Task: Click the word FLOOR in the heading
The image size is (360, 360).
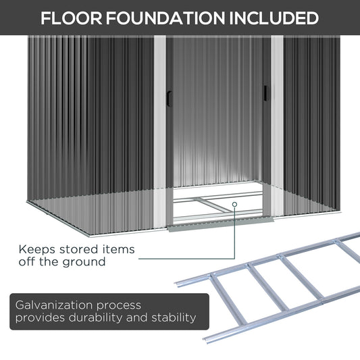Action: tap(72, 18)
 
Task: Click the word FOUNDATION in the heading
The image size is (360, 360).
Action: tap(165, 18)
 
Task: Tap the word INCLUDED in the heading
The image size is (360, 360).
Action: tap(274, 18)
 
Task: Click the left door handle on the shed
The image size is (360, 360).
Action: tap(170, 99)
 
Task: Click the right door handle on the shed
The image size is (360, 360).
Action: tap(265, 93)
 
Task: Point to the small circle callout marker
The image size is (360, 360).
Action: tap(234, 204)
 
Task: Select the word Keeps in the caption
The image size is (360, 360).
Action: tap(36, 250)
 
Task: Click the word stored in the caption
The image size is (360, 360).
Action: tap(78, 249)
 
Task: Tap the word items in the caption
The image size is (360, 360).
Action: tap(118, 249)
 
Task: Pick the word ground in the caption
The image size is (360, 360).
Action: tap(84, 263)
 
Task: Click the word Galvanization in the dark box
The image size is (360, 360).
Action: tap(54, 305)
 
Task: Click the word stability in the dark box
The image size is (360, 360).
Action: tap(174, 318)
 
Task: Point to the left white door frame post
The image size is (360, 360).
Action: tap(160, 131)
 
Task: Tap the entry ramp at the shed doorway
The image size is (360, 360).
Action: tap(220, 224)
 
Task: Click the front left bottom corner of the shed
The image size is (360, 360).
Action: tap(89, 236)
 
